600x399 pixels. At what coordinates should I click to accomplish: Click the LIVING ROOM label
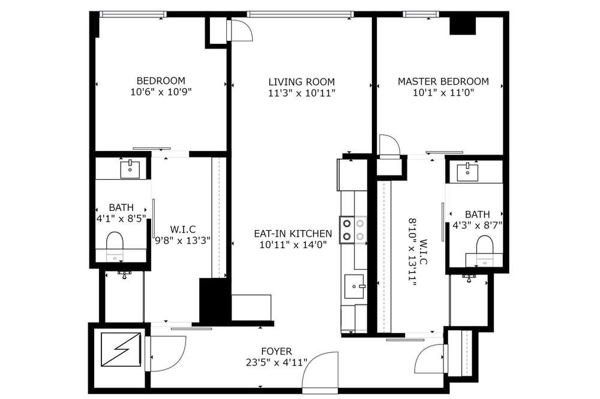[302, 82]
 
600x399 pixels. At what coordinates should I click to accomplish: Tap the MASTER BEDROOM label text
[443, 81]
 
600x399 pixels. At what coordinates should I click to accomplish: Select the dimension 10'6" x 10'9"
[161, 92]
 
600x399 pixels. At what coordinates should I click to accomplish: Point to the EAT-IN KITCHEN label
[293, 234]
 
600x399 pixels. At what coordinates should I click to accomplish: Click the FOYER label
[277, 351]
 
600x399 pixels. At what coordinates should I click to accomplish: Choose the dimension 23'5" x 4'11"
[277, 362]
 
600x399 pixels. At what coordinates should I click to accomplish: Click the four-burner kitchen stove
[353, 229]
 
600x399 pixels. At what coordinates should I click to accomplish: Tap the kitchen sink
[355, 286]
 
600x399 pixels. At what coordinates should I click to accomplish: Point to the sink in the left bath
[130, 170]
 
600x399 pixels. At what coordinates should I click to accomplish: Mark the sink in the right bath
[467, 173]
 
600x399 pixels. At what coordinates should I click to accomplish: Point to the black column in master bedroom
[462, 26]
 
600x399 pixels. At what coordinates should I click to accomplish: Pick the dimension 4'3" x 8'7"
[477, 225]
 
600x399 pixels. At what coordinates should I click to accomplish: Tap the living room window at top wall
[299, 14]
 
